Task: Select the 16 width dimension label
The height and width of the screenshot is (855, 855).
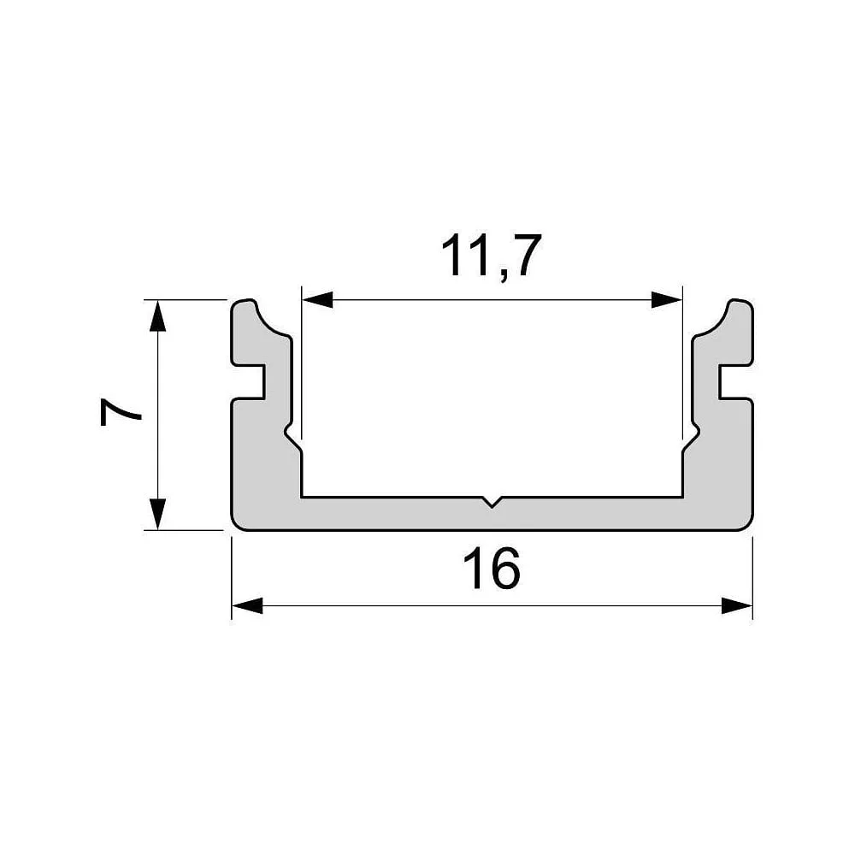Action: (492, 569)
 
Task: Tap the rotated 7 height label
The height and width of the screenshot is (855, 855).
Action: (121, 412)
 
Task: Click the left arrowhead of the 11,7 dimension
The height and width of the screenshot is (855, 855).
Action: (317, 299)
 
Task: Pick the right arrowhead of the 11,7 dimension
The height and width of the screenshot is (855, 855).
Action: (666, 299)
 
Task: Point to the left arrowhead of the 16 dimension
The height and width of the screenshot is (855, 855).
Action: (248, 605)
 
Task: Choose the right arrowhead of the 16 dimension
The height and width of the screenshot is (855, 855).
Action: (737, 605)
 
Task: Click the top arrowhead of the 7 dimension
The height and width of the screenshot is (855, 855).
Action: (157, 315)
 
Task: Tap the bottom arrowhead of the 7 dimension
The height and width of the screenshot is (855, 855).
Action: (157, 514)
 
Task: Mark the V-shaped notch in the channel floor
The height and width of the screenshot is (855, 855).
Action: (492, 502)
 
